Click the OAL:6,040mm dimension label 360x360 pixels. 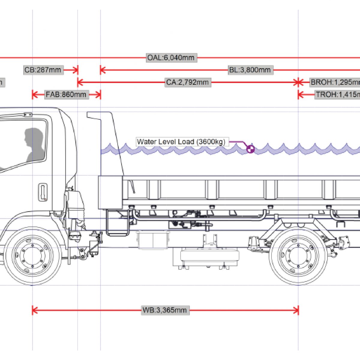click(x=171, y=58)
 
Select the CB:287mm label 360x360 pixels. click(x=43, y=70)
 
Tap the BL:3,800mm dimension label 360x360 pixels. click(x=250, y=70)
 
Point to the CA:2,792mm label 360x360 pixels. click(x=187, y=82)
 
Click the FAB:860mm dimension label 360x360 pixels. click(x=66, y=94)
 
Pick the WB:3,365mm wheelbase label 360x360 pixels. click(x=165, y=310)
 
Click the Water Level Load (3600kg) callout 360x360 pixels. click(x=181, y=142)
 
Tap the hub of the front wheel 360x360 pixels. click(x=32, y=256)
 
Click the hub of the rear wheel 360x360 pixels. click(x=298, y=256)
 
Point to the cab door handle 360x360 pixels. click(x=43, y=192)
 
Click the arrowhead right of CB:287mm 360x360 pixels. click(x=76, y=70)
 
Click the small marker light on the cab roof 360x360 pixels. click(x=28, y=114)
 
